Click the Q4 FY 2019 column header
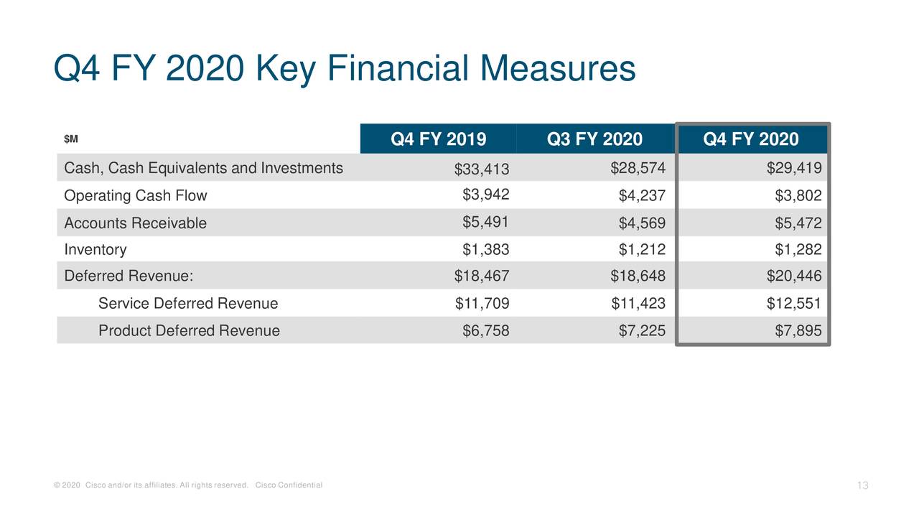point(438,139)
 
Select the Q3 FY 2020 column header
point(594,139)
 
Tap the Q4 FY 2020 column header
point(751,139)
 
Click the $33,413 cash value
point(481,169)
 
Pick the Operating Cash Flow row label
point(135,195)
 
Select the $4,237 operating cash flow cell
point(642,196)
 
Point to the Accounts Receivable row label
point(135,223)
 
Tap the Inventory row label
point(95,250)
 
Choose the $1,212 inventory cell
point(642,250)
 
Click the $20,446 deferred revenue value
point(794,276)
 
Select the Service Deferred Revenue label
point(187,304)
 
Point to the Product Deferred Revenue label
point(189,330)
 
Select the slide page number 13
point(863,486)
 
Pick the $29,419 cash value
point(794,169)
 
